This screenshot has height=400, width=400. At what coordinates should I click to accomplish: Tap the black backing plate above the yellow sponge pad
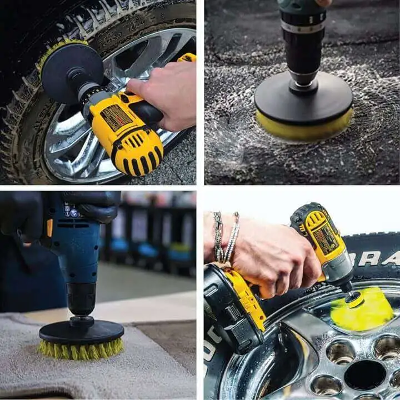tap(303, 100)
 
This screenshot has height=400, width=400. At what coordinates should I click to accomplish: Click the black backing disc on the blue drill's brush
tap(81, 331)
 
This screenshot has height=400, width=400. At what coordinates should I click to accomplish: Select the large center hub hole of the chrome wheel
tap(364, 374)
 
